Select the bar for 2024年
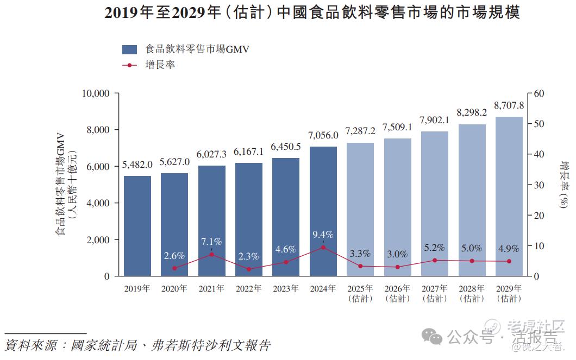tap(323, 211)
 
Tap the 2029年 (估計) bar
tap(509, 196)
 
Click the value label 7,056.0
tap(323, 135)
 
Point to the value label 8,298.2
tap(471, 113)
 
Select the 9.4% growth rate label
tap(323, 235)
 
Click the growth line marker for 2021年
tap(211, 254)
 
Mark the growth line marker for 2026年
tap(397, 267)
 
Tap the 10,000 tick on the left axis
tap(95, 93)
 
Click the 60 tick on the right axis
tap(539, 93)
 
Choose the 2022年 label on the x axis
tap(248, 289)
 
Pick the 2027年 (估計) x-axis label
tap(434, 293)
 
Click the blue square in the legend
tap(129, 49)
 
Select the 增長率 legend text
tap(160, 65)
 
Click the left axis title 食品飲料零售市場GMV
tap(60, 185)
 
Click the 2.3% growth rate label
tap(248, 256)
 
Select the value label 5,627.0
tap(174, 162)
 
